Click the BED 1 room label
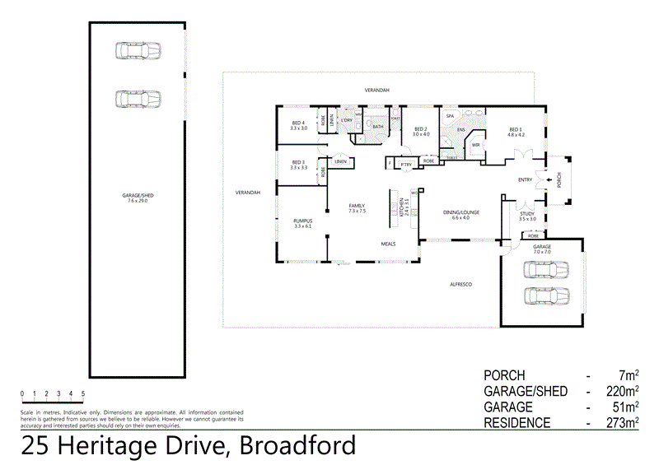tap(516, 128)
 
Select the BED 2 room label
tap(421, 128)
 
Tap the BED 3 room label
tap(298, 162)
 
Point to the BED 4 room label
tap(298, 123)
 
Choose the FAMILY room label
tap(357, 207)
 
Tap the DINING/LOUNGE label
tap(460, 212)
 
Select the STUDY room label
tap(527, 214)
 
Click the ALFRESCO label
tap(459, 284)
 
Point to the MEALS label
tap(389, 244)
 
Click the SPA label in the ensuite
tap(451, 117)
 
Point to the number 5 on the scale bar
tap(83, 393)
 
